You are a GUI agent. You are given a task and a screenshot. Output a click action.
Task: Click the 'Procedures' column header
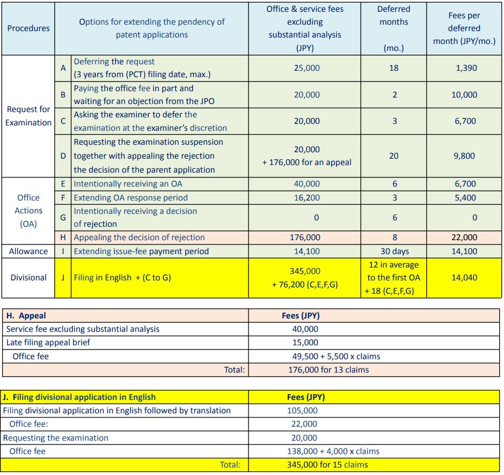coord(28,28)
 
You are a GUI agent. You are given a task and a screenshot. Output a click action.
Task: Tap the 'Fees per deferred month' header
coord(464,28)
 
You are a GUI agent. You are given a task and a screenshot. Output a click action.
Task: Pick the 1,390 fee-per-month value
coord(465,68)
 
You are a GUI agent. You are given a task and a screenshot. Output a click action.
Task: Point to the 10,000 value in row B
coord(465,95)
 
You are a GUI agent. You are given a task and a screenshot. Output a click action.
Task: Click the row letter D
coord(63,156)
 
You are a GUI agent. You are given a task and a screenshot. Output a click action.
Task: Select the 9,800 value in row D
coord(465,156)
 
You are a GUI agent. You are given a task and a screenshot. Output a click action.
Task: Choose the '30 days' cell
coord(395,251)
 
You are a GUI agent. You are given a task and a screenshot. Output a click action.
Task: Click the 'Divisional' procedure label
coord(28,278)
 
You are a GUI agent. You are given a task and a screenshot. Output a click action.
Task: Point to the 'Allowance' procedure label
coord(28,251)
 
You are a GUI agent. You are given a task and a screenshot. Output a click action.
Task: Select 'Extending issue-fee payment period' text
coord(141,251)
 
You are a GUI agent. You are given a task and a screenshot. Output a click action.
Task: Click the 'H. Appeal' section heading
coord(26,316)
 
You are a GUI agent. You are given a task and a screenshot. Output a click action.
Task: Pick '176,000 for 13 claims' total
coord(328,369)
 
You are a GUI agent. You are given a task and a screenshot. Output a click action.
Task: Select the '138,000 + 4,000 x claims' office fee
coord(333,451)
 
